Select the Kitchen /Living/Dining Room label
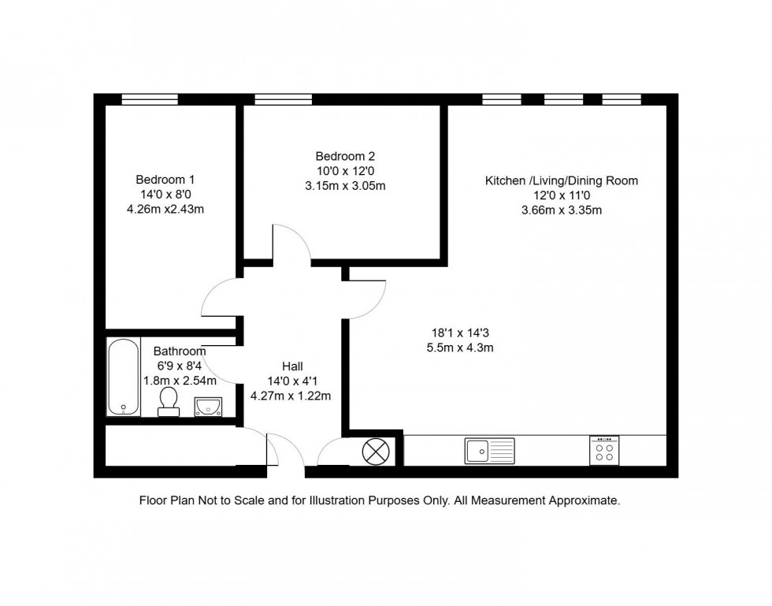(561, 180)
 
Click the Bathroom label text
(180, 351)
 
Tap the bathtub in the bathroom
(123, 377)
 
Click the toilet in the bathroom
(168, 400)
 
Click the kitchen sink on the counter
(489, 450)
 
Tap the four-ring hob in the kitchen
(605, 451)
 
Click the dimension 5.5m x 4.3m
(459, 348)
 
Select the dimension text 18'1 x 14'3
(459, 333)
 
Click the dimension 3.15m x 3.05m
(345, 186)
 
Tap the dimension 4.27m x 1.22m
(290, 396)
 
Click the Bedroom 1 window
(150, 99)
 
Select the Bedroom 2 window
(283, 99)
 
